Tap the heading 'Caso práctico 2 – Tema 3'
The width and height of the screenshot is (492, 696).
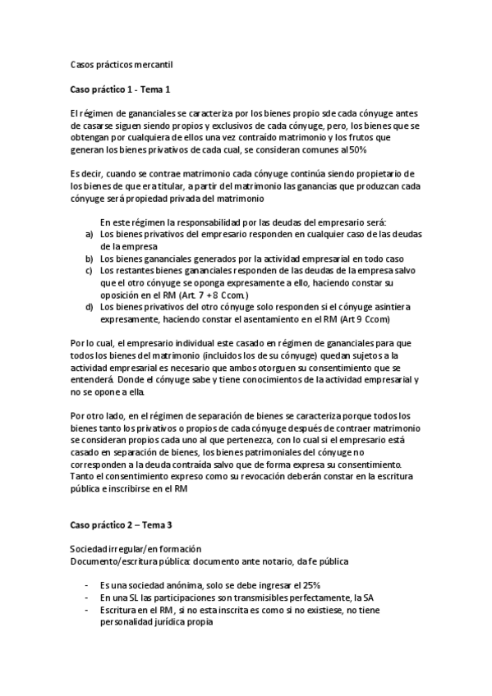point(122,523)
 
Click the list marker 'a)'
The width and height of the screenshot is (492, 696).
point(88,234)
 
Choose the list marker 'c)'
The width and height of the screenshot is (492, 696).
point(88,270)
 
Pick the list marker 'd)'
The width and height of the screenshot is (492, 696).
point(88,306)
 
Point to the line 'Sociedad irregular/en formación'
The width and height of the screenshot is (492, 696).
point(136,547)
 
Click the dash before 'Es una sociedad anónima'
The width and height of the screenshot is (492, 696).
point(88,585)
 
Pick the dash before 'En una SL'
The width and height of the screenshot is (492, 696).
point(88,598)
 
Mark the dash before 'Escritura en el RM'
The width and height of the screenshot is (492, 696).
point(88,610)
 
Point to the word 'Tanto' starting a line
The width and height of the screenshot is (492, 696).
point(84,476)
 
